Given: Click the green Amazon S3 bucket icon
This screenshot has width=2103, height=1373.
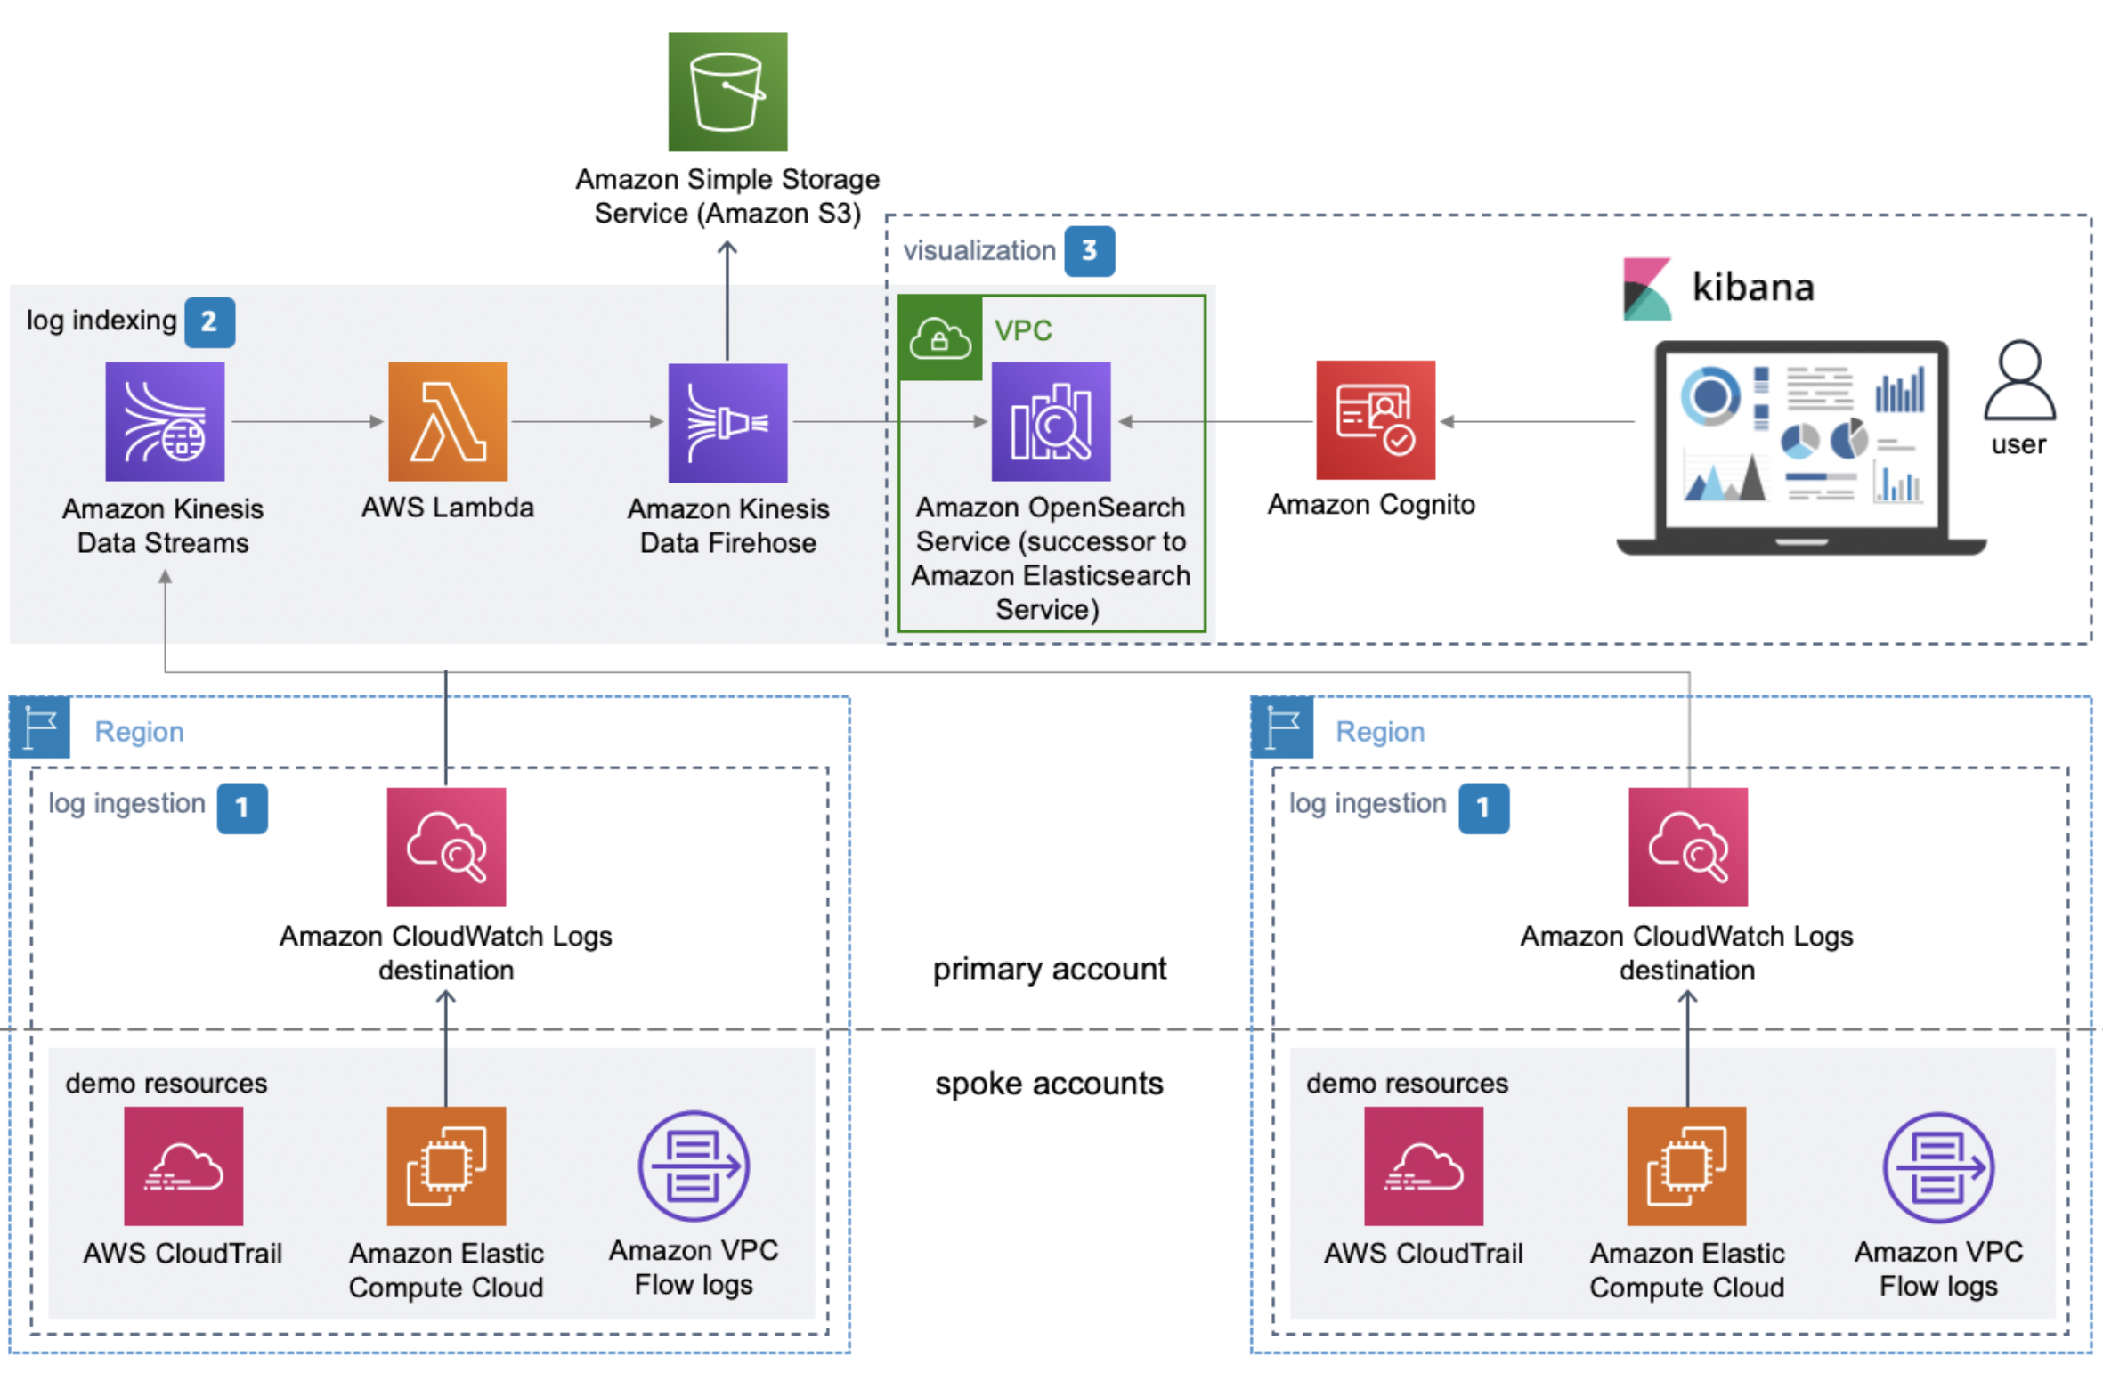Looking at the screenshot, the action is (x=727, y=92).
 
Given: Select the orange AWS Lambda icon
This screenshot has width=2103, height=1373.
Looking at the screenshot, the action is (x=448, y=421).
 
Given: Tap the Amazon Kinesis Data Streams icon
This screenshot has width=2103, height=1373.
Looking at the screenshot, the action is (x=165, y=421).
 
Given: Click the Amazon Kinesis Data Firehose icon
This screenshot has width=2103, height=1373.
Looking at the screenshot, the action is (x=727, y=422).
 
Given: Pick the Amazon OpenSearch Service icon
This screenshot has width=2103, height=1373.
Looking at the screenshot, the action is (x=1051, y=421).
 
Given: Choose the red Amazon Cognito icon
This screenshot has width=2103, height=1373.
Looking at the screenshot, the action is (x=1376, y=419).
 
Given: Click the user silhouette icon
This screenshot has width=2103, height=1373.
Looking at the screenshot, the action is (x=2019, y=379).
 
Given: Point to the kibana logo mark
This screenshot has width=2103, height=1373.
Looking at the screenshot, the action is (x=1647, y=288).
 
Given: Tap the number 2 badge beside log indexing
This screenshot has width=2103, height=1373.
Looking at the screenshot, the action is (x=209, y=321).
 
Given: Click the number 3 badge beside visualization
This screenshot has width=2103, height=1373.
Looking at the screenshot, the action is (x=1089, y=251).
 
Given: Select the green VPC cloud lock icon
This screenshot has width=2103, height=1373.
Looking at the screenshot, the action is (x=939, y=338).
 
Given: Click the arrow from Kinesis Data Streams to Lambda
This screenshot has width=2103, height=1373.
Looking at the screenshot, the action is (x=307, y=421).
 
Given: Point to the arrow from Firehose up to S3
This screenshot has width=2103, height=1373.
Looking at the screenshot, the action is (x=727, y=300).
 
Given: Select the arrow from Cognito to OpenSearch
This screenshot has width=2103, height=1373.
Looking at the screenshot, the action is (x=1216, y=421).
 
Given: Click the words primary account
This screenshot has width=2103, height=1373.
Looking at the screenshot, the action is (x=1050, y=969).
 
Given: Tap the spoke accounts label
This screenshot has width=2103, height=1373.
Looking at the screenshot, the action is (x=1049, y=1083).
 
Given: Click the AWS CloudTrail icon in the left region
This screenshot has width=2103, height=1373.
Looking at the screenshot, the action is (x=183, y=1166).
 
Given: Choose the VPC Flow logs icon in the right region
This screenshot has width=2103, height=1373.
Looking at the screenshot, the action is (x=1938, y=1167).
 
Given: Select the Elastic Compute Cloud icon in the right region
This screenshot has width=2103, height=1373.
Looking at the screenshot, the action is (x=1686, y=1166).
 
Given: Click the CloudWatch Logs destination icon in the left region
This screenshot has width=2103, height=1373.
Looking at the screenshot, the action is (x=446, y=847).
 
